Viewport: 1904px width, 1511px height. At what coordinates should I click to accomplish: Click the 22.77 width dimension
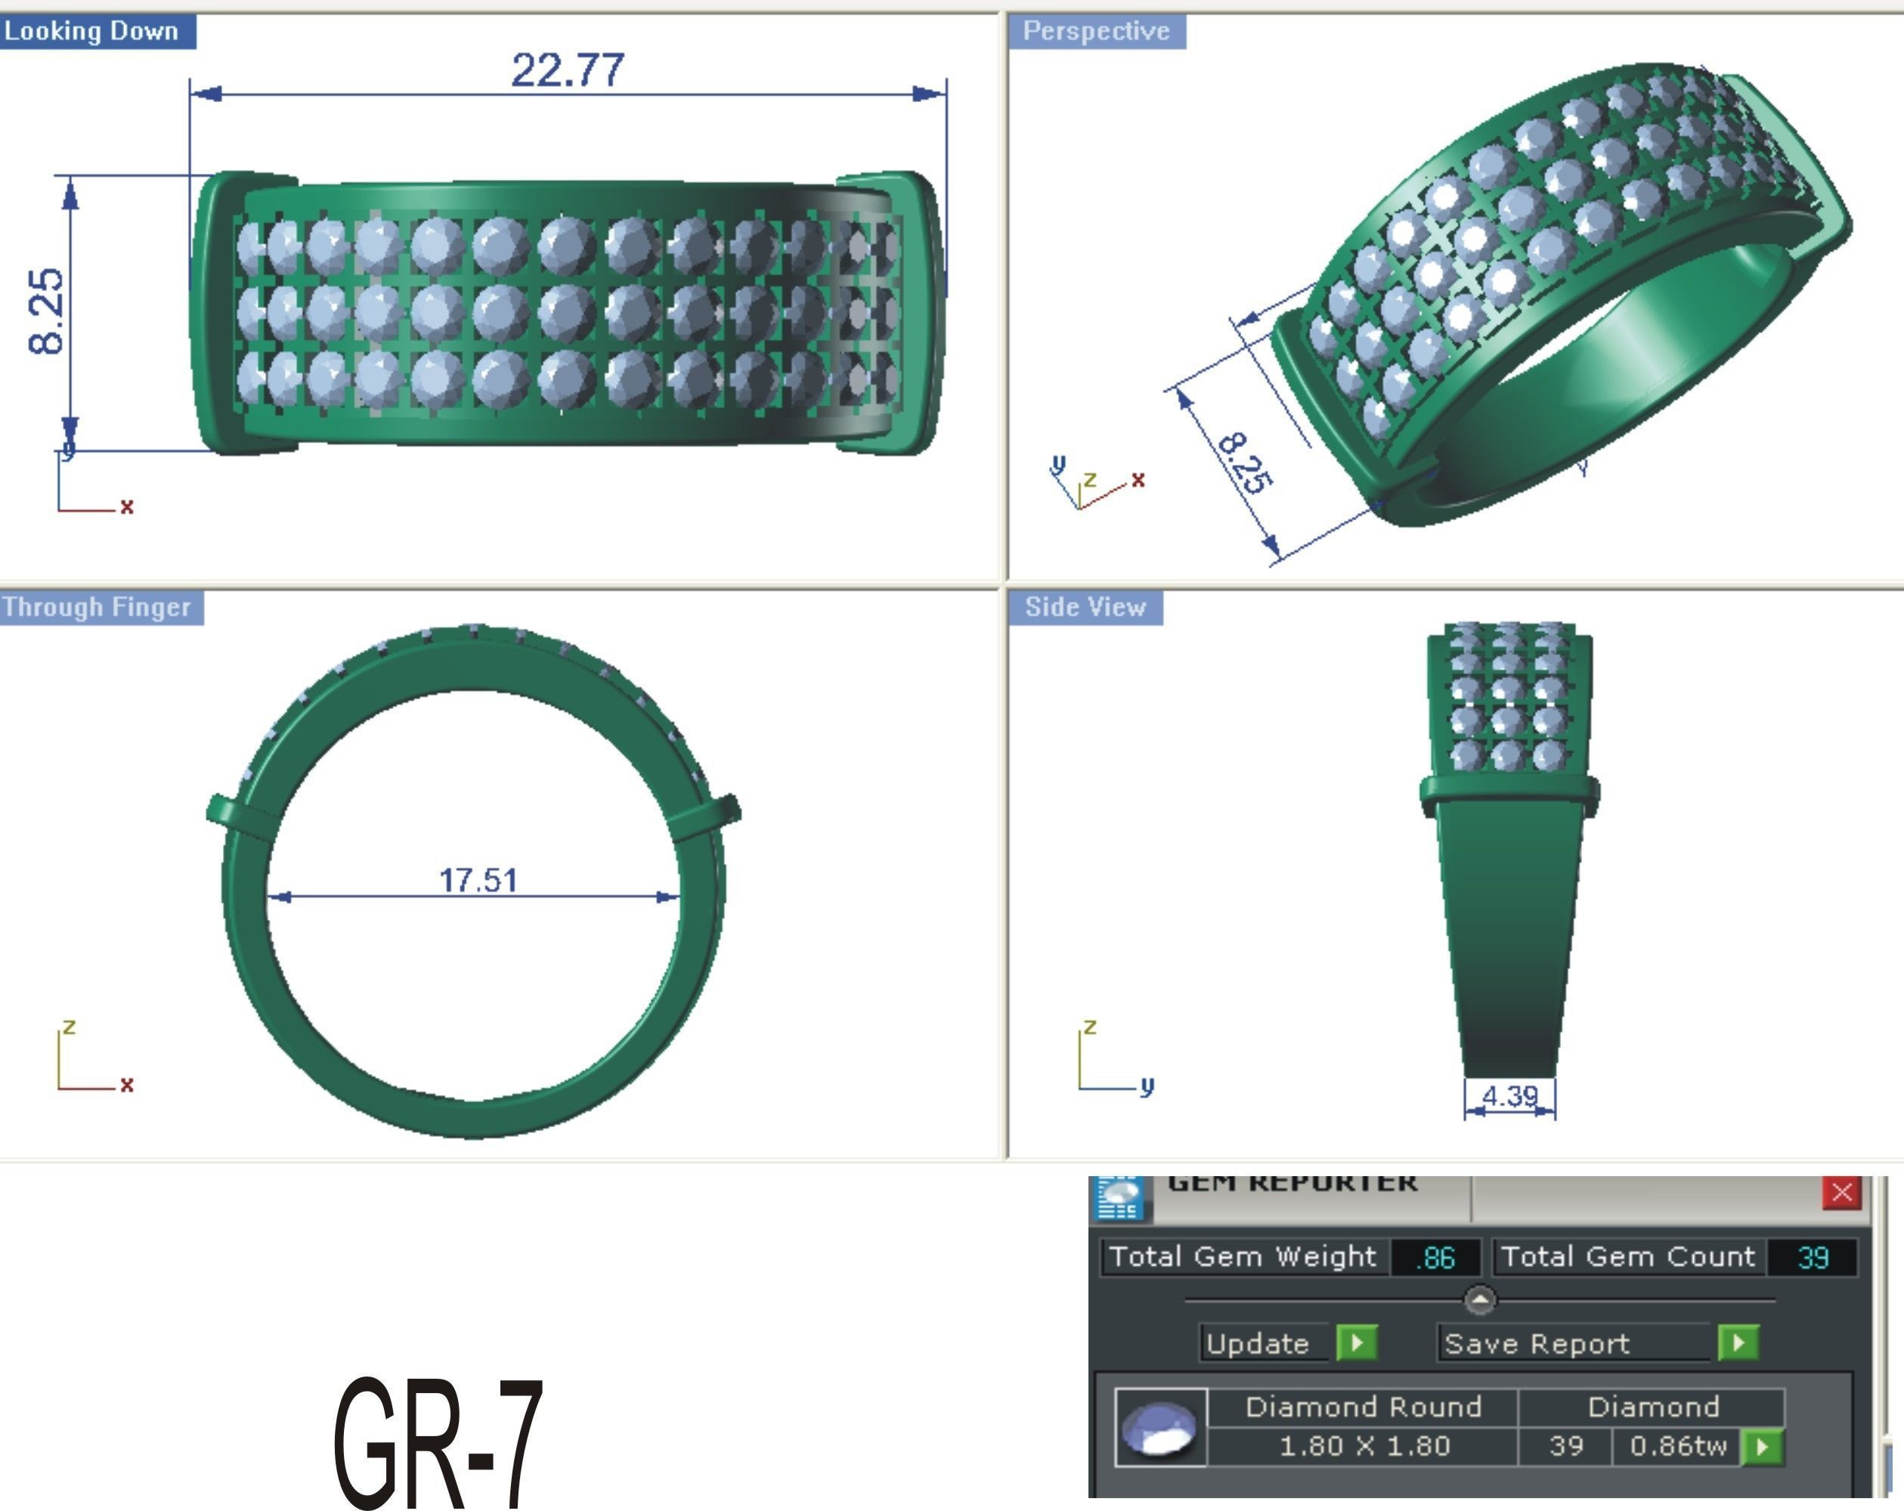coord(567,70)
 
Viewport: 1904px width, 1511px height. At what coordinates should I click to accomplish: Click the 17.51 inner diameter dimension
coord(478,880)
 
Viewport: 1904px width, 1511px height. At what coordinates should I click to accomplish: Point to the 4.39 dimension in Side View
coord(1509,1096)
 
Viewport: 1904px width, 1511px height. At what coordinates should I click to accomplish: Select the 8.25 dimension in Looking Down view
coord(47,311)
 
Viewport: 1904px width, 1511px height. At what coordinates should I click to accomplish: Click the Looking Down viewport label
coord(93,32)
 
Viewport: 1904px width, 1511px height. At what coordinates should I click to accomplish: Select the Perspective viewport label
coord(1096,32)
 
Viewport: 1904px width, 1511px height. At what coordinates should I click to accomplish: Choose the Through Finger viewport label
coord(98,608)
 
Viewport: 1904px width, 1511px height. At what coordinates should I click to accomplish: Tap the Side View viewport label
coord(1085,608)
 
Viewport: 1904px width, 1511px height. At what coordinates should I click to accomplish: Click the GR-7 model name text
coord(439,1441)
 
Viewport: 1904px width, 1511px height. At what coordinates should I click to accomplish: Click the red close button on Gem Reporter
coord(1841,1193)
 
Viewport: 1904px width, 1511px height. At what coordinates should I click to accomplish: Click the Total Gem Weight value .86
coord(1436,1258)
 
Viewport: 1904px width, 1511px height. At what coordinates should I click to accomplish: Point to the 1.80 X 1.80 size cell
coord(1364,1447)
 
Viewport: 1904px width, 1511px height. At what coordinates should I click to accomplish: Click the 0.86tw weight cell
coord(1677,1447)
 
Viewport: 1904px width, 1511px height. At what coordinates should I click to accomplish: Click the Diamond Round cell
coord(1363,1407)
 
